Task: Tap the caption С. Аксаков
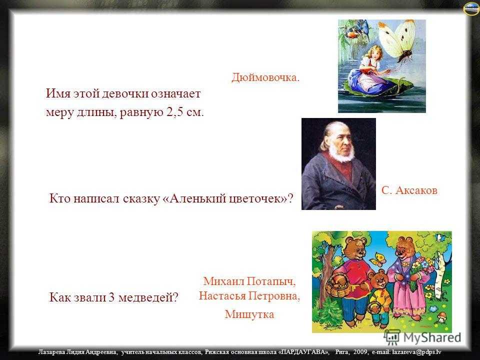(x=409, y=190)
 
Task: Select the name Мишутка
(x=249, y=314)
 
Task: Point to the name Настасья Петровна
(x=249, y=295)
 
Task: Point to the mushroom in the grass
(x=441, y=317)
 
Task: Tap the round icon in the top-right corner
(x=471, y=8)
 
